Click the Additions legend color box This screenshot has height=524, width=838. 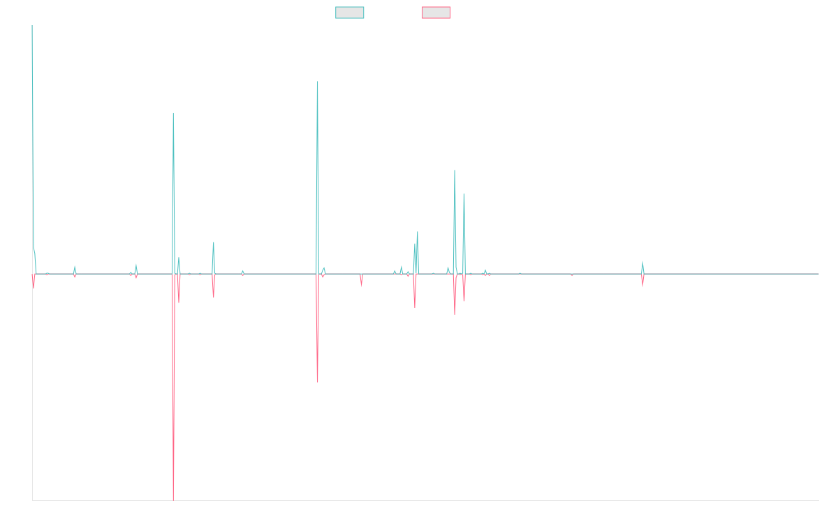[x=350, y=13]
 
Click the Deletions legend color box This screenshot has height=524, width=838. [x=436, y=13]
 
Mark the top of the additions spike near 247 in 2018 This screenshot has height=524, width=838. [x=318, y=82]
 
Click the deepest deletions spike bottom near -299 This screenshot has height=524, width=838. [x=173, y=500]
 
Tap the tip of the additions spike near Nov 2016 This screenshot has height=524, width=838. [x=173, y=113]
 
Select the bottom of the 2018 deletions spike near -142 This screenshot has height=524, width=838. [x=318, y=382]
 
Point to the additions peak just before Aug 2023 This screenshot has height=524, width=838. [x=642, y=262]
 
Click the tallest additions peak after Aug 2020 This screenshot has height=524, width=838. [x=455, y=170]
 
